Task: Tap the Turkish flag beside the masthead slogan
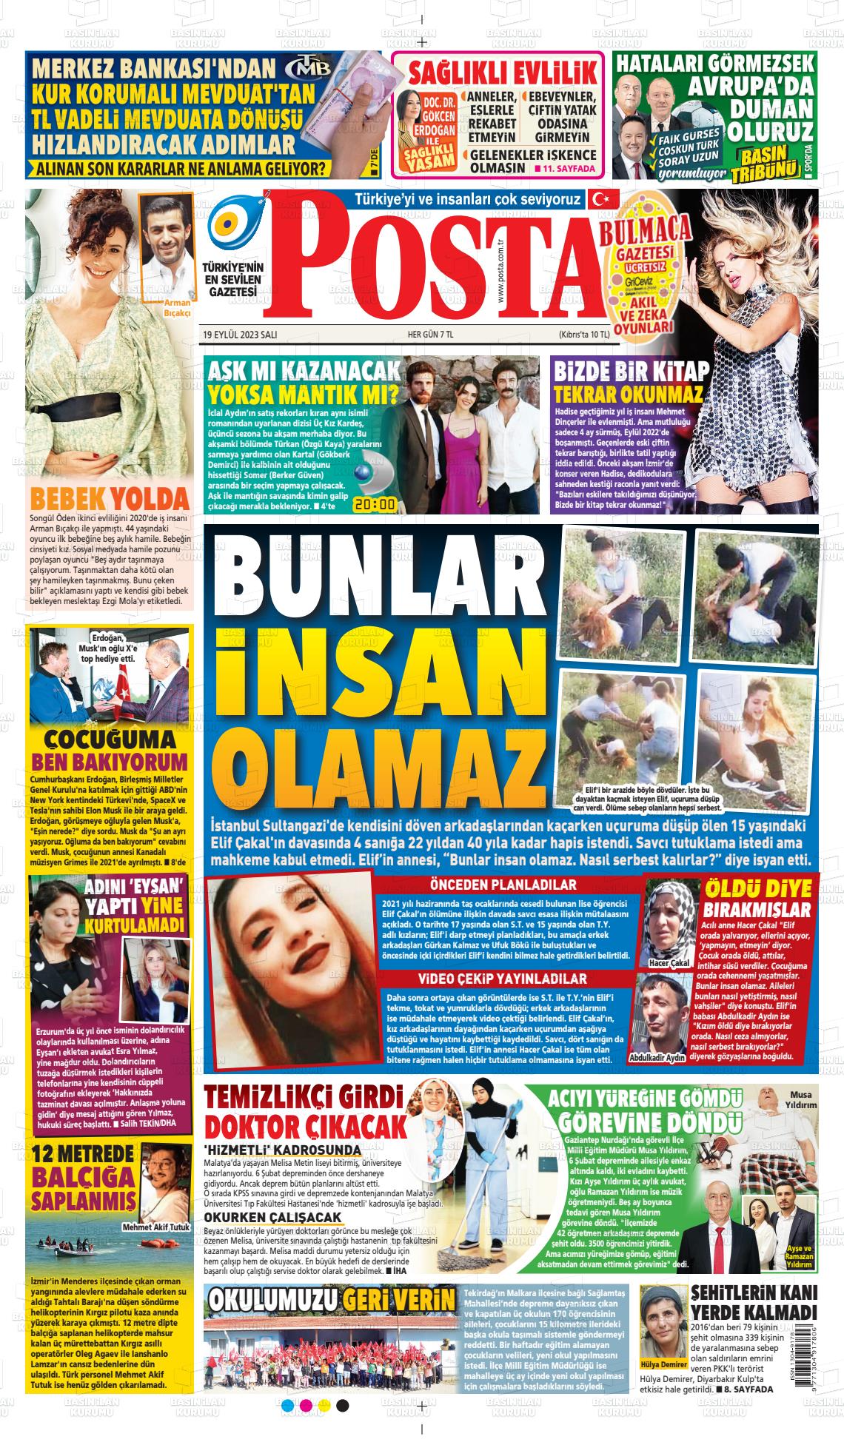[597, 199]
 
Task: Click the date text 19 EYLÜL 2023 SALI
[240, 335]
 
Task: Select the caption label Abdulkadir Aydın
[657, 1058]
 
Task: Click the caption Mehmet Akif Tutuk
[156, 1227]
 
